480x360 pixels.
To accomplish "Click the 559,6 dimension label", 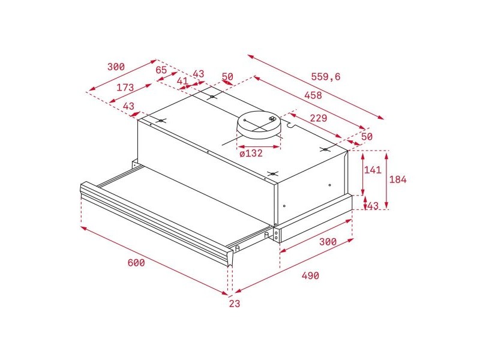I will click(326, 76).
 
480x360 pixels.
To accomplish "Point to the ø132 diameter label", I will click(251, 153).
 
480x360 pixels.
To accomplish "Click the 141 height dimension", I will click(373, 170).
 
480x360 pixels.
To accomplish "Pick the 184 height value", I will click(398, 180).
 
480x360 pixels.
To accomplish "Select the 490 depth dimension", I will click(310, 275).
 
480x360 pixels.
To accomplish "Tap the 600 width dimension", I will click(136, 263).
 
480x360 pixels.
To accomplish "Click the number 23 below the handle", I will click(234, 304).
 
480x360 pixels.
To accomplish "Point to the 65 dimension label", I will click(161, 70).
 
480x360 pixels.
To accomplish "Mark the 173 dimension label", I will click(125, 88).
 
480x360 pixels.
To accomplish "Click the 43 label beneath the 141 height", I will click(373, 206).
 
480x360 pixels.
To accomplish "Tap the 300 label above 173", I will click(116, 67).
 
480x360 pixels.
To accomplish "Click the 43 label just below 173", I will click(128, 106).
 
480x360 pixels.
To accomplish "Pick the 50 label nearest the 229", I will click(367, 137).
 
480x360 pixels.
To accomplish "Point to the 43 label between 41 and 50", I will click(198, 74).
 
